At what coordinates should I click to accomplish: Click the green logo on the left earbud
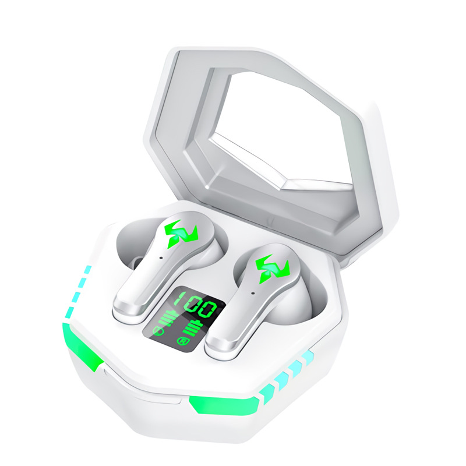coord(181,234)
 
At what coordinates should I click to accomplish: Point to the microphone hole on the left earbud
coord(161,258)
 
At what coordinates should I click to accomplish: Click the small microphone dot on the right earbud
coord(253,294)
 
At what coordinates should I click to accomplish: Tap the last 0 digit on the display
coord(207,309)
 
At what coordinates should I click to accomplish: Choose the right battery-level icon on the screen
coord(190,329)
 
